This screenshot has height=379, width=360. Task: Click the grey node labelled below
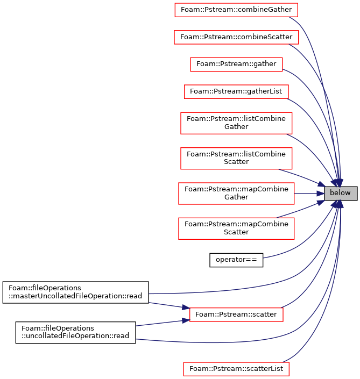coord(340,194)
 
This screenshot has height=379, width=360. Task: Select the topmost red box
coord(236,10)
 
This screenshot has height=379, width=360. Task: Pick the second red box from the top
coord(236,37)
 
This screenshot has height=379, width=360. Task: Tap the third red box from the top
coord(236,65)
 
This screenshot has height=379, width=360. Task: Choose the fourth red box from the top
coord(236,92)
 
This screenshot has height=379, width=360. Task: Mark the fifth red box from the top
coord(236,123)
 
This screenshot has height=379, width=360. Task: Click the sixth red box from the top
coord(236,159)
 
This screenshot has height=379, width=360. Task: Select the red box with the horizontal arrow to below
coord(236,194)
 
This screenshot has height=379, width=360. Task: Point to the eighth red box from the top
coord(236,228)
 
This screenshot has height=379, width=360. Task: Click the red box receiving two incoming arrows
coord(236,315)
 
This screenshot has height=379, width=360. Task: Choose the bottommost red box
coord(236,369)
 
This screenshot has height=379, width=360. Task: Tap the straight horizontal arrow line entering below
coord(307,194)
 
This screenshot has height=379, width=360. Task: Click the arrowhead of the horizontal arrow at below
coord(321,194)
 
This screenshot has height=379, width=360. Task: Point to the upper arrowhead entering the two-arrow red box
coord(185,308)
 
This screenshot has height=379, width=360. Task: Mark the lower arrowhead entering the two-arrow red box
coord(185,320)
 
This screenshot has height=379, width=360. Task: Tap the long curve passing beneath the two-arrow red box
coord(215,342)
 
